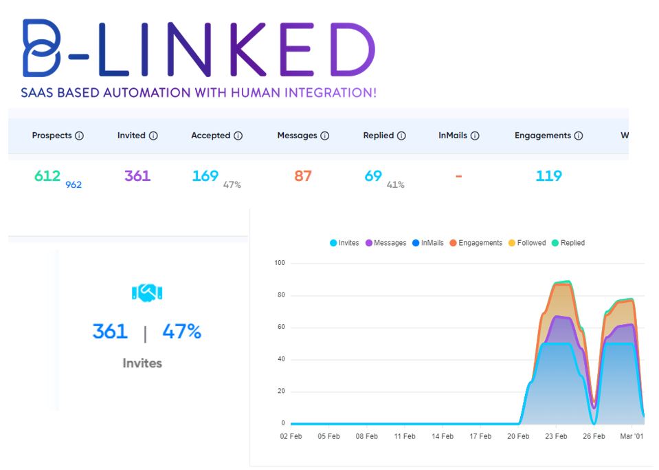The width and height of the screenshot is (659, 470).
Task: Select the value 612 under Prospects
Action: pos(47,175)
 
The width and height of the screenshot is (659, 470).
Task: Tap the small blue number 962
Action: pos(74,184)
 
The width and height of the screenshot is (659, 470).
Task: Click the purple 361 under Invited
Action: pos(137,175)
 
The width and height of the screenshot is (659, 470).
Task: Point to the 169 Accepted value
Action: pos(205,175)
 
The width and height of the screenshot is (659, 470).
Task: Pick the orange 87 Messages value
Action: pos(303,175)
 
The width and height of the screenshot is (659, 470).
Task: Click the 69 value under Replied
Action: pos(373,175)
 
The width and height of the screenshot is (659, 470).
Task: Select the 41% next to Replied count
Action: pos(396,184)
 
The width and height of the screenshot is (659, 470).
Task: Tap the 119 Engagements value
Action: pos(549,175)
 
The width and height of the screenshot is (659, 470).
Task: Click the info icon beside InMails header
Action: pos(475,136)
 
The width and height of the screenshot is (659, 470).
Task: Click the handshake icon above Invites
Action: pos(146,293)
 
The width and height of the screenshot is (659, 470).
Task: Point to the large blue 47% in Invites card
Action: pos(181,332)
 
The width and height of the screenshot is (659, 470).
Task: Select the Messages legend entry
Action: pos(386,243)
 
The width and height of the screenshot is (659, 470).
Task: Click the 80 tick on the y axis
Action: pos(279,295)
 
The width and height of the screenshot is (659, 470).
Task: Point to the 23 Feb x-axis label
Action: pos(556,436)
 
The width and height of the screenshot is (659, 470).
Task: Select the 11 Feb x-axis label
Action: pos(404,436)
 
